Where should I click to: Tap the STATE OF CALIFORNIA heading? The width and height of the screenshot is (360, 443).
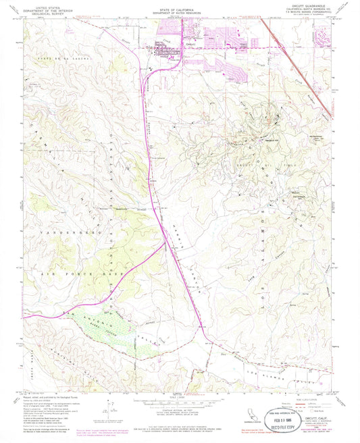(x=179, y=7)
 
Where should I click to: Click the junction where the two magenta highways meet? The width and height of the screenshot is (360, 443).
(x=165, y=244)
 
